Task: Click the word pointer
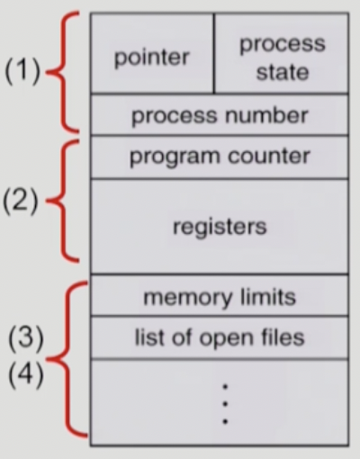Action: click(x=152, y=58)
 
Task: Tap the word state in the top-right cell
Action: click(x=283, y=72)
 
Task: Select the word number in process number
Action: click(x=266, y=115)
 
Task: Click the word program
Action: click(x=175, y=157)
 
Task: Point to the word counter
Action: click(x=268, y=156)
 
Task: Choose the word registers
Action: click(x=220, y=227)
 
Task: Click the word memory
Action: click(x=188, y=298)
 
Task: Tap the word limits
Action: click(x=268, y=297)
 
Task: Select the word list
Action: click(x=149, y=337)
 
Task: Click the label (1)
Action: click(x=22, y=71)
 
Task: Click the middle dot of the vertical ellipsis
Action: click(x=225, y=404)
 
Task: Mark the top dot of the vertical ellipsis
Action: click(x=225, y=387)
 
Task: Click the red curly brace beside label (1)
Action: click(x=64, y=72)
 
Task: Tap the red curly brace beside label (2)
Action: click(x=64, y=201)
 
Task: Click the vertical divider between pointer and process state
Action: click(x=214, y=53)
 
